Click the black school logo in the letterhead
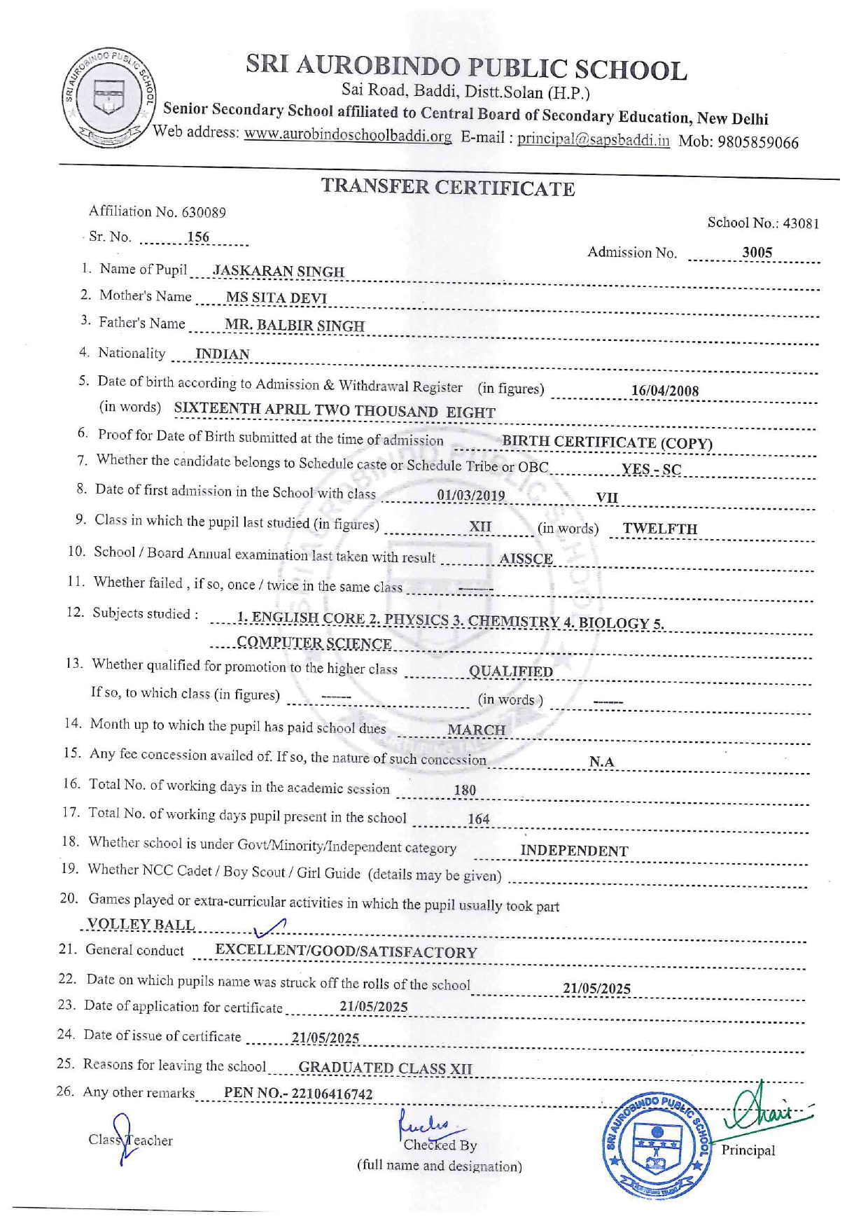click(108, 98)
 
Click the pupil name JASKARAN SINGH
click(278, 271)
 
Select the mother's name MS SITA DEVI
click(276, 298)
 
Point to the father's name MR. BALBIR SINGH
click(294, 326)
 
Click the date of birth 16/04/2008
click(664, 391)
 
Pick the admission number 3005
click(757, 253)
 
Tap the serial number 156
click(198, 237)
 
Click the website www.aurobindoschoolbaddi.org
click(347, 135)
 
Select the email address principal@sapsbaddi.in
click(593, 139)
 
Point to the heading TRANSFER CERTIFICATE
click(448, 188)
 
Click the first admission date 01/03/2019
click(470, 496)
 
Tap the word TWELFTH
click(659, 529)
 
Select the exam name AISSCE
click(526, 559)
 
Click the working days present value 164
click(478, 818)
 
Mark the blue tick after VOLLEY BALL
click(269, 928)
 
